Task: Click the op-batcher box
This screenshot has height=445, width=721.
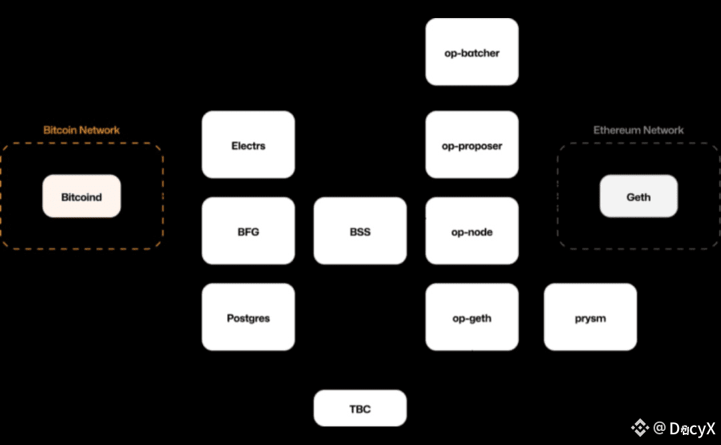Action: tap(472, 52)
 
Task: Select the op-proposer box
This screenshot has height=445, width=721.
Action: tap(472, 145)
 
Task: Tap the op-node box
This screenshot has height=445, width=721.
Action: tap(472, 231)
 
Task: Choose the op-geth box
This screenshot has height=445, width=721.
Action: tap(472, 317)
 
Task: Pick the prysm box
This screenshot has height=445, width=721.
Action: tap(590, 317)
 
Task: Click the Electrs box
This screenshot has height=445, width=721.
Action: tap(248, 145)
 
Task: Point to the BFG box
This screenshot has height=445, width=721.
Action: tap(248, 231)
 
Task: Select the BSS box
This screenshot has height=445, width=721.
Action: tap(360, 231)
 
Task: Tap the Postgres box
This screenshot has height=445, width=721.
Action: tap(248, 317)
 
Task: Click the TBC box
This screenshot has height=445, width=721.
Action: tap(360, 408)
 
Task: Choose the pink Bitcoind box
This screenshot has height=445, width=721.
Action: tap(81, 196)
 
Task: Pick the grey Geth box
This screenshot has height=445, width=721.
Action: tap(638, 196)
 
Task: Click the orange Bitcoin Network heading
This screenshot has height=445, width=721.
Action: tap(81, 130)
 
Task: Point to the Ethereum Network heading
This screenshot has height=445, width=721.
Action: tap(638, 130)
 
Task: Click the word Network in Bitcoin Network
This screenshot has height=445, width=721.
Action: tap(99, 130)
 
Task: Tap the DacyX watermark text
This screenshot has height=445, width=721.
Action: tap(692, 428)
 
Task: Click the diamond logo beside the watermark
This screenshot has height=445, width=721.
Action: tap(641, 428)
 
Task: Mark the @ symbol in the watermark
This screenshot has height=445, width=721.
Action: tap(660, 428)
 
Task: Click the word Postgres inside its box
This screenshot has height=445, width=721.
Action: tap(248, 318)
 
